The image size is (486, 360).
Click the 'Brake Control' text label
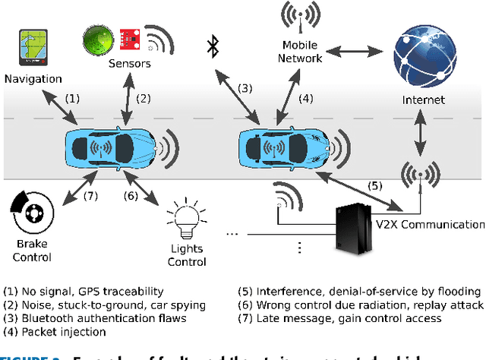(x=32, y=251)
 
